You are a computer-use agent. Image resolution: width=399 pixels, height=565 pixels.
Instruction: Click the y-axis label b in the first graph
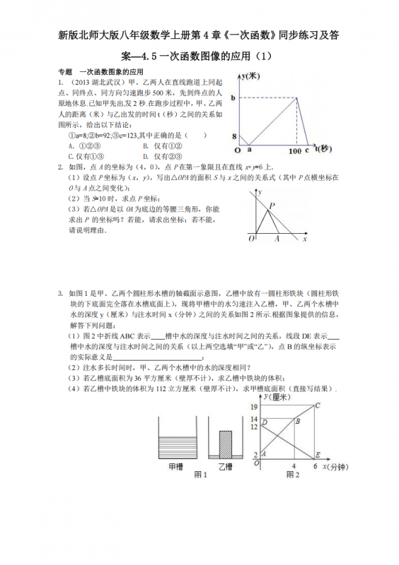pos(233,97)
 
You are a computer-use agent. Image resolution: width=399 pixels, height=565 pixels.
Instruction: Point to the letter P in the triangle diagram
pos(271,206)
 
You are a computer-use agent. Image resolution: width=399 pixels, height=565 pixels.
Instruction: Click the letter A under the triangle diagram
pos(277,239)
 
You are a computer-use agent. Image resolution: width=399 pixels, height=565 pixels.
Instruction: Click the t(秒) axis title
pos(322,149)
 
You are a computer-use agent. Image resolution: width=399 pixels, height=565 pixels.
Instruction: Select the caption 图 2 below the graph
pos(292,475)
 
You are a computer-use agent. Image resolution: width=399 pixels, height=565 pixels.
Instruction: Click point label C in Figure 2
pos(318,405)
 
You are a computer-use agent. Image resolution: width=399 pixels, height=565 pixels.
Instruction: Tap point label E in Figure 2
pos(317,454)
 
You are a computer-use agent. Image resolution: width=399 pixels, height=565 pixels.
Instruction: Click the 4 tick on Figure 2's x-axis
pos(293,466)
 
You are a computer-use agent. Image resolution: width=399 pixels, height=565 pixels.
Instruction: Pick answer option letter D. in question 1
pos(144,157)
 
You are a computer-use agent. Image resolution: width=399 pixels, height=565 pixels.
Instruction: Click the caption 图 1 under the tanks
pos(200,475)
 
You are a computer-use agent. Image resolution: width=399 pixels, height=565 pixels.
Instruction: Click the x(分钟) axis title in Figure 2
pos(337,467)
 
